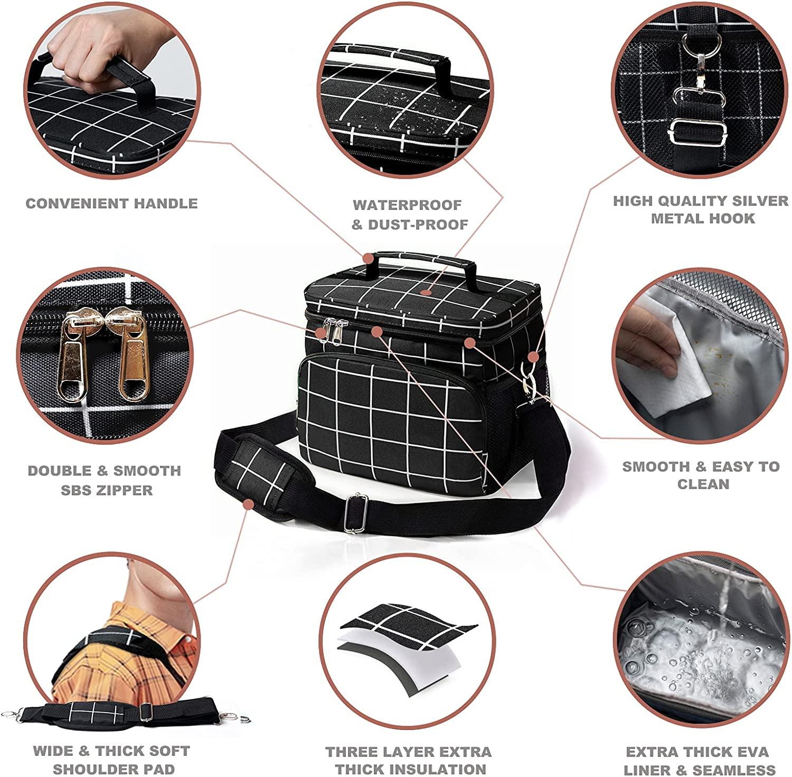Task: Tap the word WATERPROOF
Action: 407,205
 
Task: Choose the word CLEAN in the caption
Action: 703,484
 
